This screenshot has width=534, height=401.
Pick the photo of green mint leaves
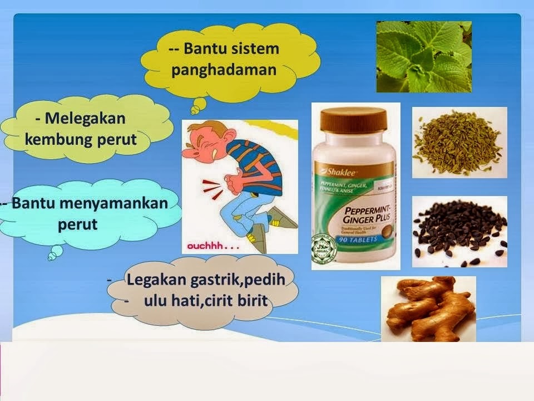(424, 56)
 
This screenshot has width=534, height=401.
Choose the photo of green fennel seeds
(459, 142)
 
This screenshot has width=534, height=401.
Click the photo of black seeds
(459, 231)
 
